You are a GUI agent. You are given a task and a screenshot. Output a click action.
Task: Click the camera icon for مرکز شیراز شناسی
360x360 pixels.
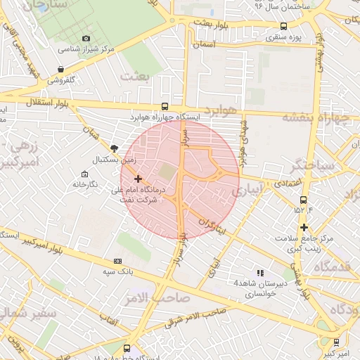(86, 38)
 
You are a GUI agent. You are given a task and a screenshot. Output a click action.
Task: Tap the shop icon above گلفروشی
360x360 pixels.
(61, 70)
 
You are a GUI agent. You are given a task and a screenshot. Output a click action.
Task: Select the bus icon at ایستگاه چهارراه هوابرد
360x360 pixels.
(165, 106)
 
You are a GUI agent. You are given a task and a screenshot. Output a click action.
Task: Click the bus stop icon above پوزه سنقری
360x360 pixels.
(283, 26)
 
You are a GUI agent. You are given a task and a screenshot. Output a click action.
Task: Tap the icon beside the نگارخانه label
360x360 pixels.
(85, 174)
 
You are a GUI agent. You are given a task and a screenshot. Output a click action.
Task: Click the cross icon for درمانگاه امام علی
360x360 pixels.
(137, 179)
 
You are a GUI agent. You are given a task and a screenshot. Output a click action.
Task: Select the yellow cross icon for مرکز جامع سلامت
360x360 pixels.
(304, 227)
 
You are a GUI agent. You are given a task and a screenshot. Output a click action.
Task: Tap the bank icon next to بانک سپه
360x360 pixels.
(117, 260)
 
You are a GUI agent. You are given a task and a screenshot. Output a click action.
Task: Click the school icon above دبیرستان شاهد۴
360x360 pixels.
(259, 273)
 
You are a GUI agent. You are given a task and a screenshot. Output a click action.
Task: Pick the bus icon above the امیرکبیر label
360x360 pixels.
(336, 342)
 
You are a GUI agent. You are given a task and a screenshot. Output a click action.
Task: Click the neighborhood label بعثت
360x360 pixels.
(135, 76)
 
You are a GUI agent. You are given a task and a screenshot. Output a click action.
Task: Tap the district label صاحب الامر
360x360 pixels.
(162, 297)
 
